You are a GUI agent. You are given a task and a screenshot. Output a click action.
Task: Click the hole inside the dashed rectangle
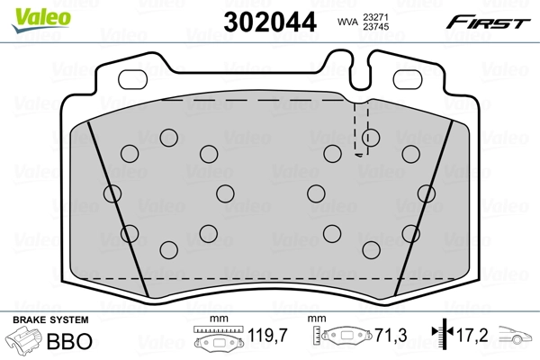(x=370, y=138)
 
